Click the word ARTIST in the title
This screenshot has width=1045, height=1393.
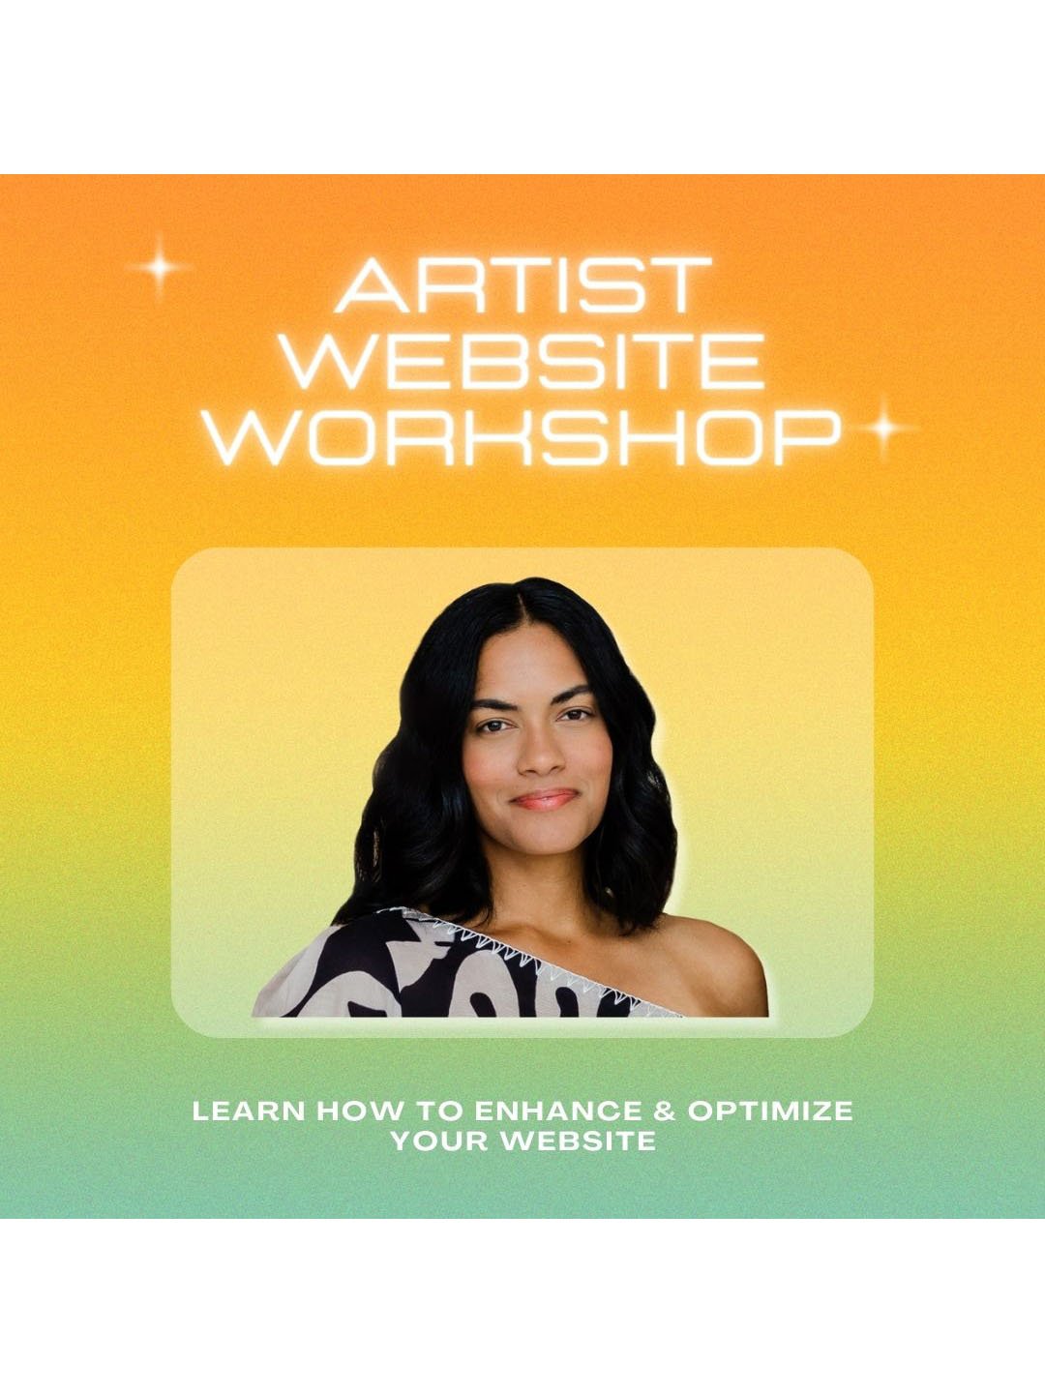(x=523, y=285)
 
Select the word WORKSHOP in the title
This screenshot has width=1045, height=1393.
(x=523, y=438)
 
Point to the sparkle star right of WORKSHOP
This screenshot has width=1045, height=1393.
(x=882, y=428)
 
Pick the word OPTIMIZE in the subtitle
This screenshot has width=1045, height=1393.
(x=770, y=1111)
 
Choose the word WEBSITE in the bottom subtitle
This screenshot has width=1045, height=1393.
(x=578, y=1141)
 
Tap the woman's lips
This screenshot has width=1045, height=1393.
(x=544, y=799)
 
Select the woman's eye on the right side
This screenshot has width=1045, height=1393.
(x=577, y=716)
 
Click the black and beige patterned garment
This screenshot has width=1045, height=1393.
(x=406, y=972)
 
